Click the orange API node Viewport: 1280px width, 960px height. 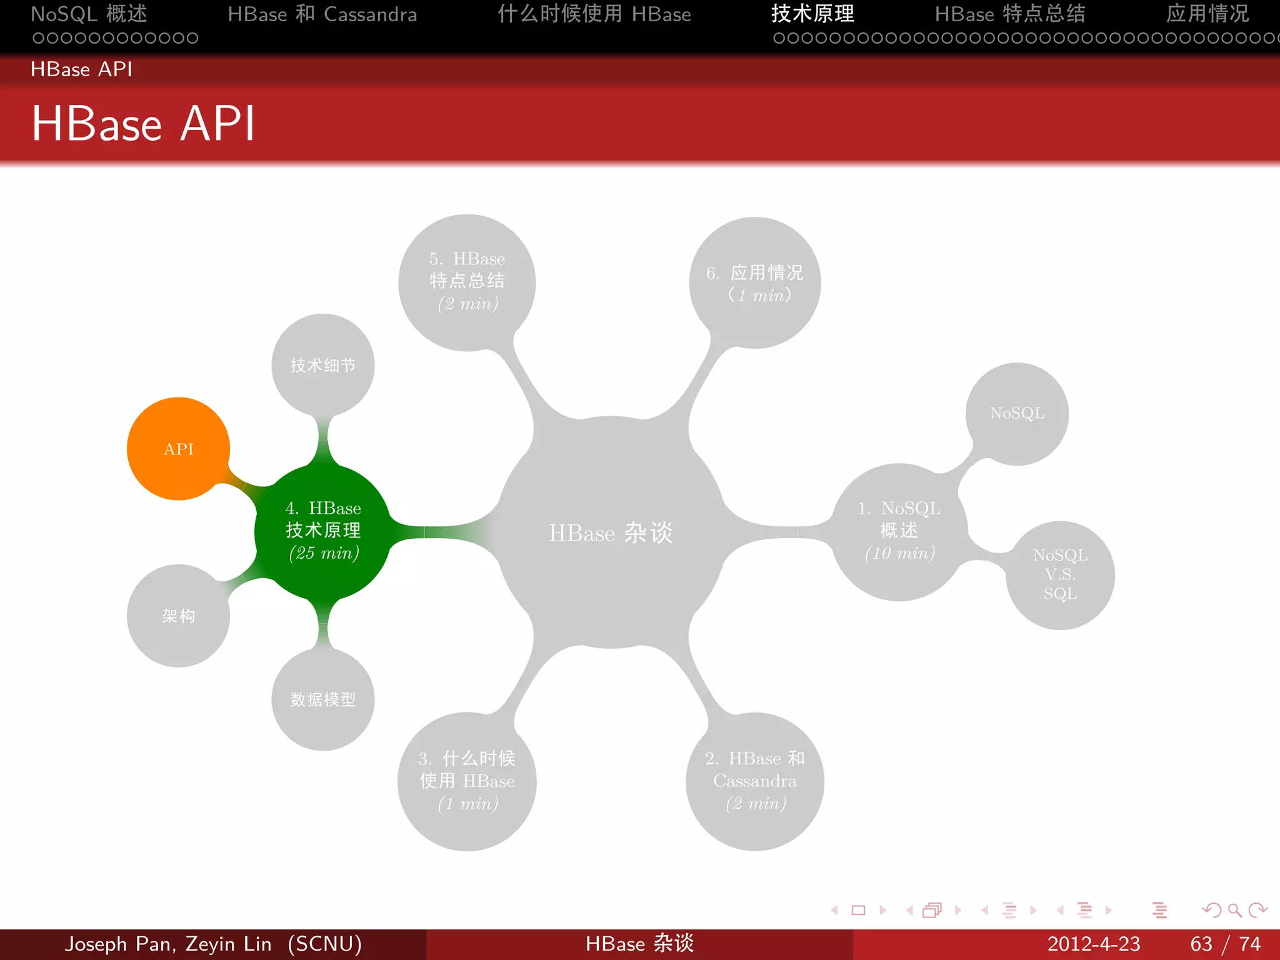[x=178, y=449]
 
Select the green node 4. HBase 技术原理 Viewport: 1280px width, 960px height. [x=322, y=531]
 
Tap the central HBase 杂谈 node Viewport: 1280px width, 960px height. [x=611, y=532]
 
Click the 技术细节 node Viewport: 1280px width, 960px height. [x=322, y=365]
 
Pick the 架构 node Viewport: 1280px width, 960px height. [x=178, y=616]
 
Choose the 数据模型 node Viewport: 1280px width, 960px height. [x=322, y=699]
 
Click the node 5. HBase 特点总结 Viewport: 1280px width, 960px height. [x=467, y=281]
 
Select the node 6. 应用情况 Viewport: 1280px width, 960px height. [x=754, y=282]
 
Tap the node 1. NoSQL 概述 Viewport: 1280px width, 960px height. [x=899, y=531]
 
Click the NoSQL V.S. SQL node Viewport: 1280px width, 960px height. [x=1060, y=574]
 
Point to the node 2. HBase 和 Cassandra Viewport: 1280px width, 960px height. [x=754, y=781]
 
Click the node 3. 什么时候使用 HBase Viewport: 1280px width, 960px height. [x=467, y=781]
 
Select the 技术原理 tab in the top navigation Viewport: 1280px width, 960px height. [x=812, y=14]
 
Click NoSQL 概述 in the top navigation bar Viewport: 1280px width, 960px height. [x=89, y=14]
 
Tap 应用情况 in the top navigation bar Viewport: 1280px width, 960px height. [x=1207, y=14]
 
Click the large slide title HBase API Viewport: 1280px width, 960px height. [x=143, y=124]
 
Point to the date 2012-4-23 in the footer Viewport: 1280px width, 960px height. [x=1093, y=944]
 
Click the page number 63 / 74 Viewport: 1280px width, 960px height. [x=1225, y=944]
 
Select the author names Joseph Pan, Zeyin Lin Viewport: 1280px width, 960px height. [x=168, y=944]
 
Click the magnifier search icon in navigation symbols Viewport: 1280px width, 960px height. [x=1234, y=910]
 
